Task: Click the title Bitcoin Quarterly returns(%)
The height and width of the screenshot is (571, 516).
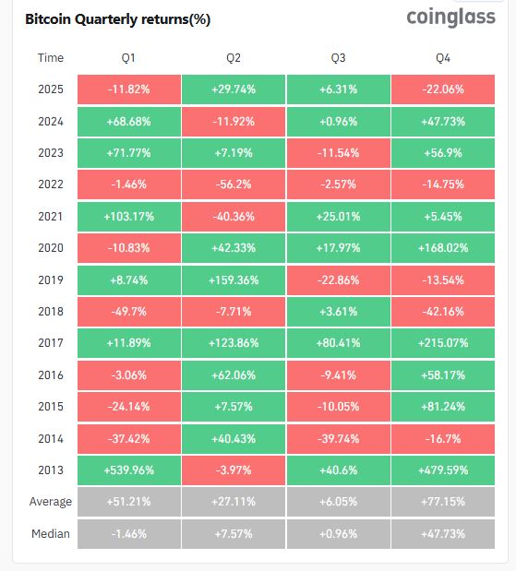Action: [117, 19]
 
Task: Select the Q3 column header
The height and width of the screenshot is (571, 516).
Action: [338, 58]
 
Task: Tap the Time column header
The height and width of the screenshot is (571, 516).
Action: [51, 58]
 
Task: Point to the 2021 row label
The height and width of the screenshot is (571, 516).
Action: [51, 216]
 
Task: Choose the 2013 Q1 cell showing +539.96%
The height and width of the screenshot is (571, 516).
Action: [128, 470]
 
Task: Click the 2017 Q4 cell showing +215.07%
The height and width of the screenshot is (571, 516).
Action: [443, 343]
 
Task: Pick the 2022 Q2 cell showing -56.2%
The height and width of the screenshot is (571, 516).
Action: [234, 184]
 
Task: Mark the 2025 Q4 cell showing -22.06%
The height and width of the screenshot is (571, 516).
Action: [443, 89]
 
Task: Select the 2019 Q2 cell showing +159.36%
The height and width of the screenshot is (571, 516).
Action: [234, 280]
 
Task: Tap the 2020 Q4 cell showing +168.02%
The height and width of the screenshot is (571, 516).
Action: [443, 248]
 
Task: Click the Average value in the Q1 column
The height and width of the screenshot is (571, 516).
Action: [128, 502]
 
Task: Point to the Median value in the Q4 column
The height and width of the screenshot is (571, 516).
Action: [443, 534]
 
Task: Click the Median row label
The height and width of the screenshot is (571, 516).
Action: [51, 534]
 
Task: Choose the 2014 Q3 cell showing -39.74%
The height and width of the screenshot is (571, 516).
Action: [338, 438]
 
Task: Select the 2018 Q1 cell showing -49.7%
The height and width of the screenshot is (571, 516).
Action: [128, 312]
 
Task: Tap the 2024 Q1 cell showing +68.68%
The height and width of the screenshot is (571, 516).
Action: [128, 121]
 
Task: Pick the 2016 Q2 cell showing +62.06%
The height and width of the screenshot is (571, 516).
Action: [234, 375]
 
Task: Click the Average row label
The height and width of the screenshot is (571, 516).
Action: [51, 502]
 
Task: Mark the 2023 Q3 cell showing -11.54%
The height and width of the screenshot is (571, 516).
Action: [338, 153]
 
